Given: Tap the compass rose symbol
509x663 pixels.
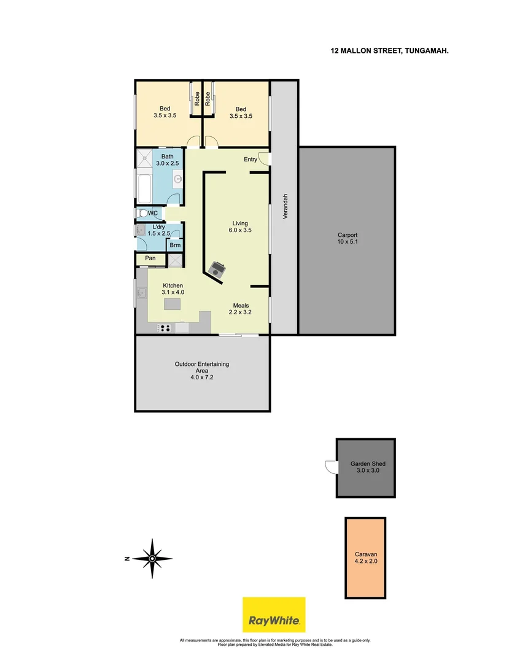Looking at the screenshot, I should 152,558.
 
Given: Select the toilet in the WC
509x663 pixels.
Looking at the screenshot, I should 142,214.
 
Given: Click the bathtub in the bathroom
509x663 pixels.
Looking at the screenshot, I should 144,190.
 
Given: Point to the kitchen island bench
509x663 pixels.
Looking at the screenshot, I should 173,304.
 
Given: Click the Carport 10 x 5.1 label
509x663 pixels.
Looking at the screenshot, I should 348,238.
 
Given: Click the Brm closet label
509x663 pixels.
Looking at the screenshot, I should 175,245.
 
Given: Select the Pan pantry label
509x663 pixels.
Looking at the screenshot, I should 150,258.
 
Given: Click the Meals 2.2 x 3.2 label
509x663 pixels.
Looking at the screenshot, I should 241,309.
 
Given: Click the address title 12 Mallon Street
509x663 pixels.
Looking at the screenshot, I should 389,52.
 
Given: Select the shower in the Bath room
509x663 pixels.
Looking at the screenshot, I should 145,158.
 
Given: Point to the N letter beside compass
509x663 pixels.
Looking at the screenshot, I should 125,559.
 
